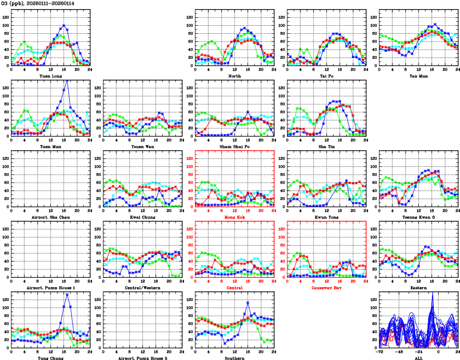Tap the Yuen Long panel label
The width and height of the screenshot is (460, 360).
coord(50,75)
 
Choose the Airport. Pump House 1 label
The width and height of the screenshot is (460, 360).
coord(50,288)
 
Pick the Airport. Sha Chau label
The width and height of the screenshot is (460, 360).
coord(50,217)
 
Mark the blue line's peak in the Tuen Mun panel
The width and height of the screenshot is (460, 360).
coord(67,80)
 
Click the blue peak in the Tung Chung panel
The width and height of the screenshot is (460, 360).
coord(67,294)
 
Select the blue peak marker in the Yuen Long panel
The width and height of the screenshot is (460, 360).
coord(64,25)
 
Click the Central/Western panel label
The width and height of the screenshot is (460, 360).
coord(142,288)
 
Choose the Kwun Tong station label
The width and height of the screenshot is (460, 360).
coord(326,217)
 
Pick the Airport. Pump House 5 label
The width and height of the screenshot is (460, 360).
coord(142,358)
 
